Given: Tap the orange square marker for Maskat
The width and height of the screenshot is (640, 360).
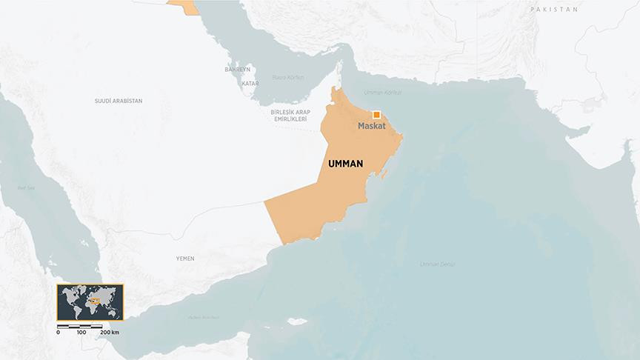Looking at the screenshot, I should click(377, 115).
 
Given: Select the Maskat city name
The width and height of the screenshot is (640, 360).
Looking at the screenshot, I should click(373, 127).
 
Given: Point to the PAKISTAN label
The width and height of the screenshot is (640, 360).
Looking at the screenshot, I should click(553, 9).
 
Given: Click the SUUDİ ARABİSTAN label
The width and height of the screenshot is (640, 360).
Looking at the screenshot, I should click(119, 100).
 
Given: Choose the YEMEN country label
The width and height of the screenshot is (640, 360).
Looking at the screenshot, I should click(184, 259).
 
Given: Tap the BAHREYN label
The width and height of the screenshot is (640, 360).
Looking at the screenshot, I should click(238, 69).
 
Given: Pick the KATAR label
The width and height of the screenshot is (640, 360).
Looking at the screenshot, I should click(250, 84).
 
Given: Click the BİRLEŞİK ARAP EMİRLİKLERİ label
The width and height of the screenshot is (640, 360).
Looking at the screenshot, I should click(290, 116).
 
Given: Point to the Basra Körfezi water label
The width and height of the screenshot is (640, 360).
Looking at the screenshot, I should click(289, 76).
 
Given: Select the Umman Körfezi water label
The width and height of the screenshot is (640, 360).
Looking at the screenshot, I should click(383, 93).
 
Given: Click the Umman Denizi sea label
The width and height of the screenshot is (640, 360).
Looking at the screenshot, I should click(437, 264).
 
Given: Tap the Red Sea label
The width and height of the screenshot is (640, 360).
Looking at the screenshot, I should click(27, 188).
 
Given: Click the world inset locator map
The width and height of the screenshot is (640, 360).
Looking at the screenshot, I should click(90, 302).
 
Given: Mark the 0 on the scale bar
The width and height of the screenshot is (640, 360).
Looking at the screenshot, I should click(58, 333).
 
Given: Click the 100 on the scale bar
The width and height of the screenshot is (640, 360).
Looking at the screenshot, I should click(81, 333).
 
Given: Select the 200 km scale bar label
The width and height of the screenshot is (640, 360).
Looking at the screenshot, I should click(110, 333).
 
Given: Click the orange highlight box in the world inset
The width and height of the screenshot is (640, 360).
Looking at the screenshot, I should click(94, 301).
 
